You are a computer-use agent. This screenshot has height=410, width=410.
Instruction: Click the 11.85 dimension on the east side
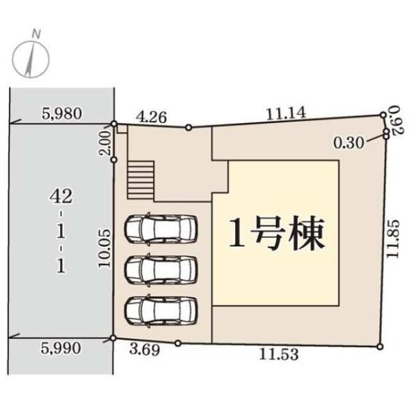coord(392,237)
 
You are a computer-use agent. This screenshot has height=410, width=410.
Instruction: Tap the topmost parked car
coord(161,228)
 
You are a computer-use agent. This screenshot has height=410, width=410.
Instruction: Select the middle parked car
coord(161,268)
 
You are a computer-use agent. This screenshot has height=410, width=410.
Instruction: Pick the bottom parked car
coord(161,309)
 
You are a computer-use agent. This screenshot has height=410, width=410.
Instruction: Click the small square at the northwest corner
coord(122,128)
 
